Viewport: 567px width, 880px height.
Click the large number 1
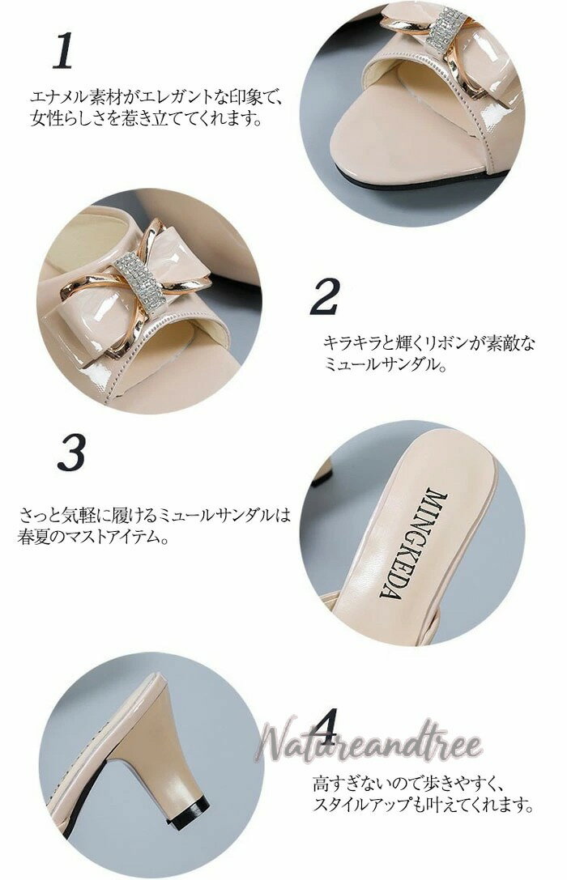tap(63, 50)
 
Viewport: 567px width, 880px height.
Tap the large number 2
tap(326, 296)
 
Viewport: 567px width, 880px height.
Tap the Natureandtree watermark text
tap(369, 740)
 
